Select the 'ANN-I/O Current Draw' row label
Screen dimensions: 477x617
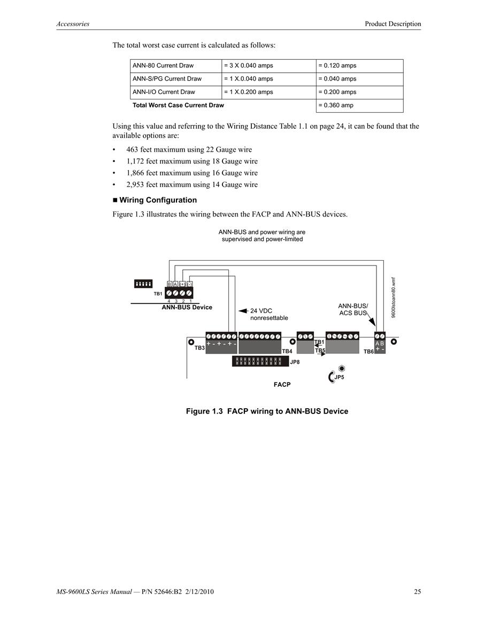(164, 92)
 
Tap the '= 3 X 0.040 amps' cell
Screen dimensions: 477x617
(248, 65)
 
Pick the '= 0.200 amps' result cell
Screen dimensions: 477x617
(337, 92)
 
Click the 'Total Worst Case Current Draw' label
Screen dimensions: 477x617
(178, 105)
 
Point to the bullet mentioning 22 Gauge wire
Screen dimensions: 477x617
(189, 150)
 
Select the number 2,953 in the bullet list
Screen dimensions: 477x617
(135, 184)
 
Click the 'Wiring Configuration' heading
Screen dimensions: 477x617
(158, 200)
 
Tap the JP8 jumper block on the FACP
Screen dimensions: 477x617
(260, 361)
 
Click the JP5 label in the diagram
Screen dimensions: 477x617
(339, 377)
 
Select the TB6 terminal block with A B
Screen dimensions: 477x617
(380, 343)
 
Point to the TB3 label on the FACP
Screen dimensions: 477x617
(199, 348)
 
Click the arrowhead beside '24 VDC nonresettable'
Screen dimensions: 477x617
(243, 311)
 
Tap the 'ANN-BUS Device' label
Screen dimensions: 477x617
(187, 307)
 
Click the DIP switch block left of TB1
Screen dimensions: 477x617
(143, 284)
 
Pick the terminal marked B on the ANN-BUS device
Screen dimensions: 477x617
(170, 284)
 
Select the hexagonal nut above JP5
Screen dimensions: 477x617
(342, 368)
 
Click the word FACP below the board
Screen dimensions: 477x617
(282, 385)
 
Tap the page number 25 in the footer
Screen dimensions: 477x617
(418, 591)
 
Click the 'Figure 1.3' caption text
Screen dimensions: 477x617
(204, 411)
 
